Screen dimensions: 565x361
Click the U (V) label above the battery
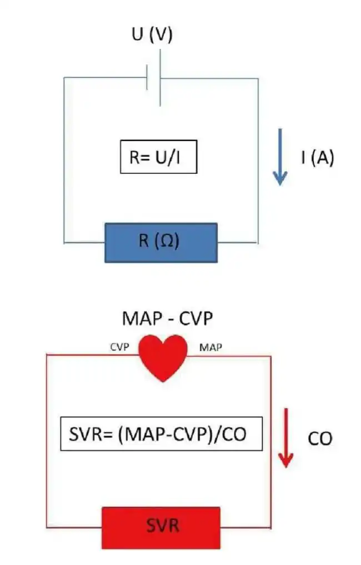pos(152,35)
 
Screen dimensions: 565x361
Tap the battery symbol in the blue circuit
pos(154,78)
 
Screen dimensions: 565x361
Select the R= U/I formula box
pos(158,157)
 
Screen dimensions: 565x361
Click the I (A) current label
pos(318,158)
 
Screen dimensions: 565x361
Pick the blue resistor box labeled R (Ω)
pos(161,242)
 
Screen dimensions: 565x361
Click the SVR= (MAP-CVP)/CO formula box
pos(161,433)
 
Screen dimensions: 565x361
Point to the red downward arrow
pos(285,438)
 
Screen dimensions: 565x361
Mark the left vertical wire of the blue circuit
pos(64,161)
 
